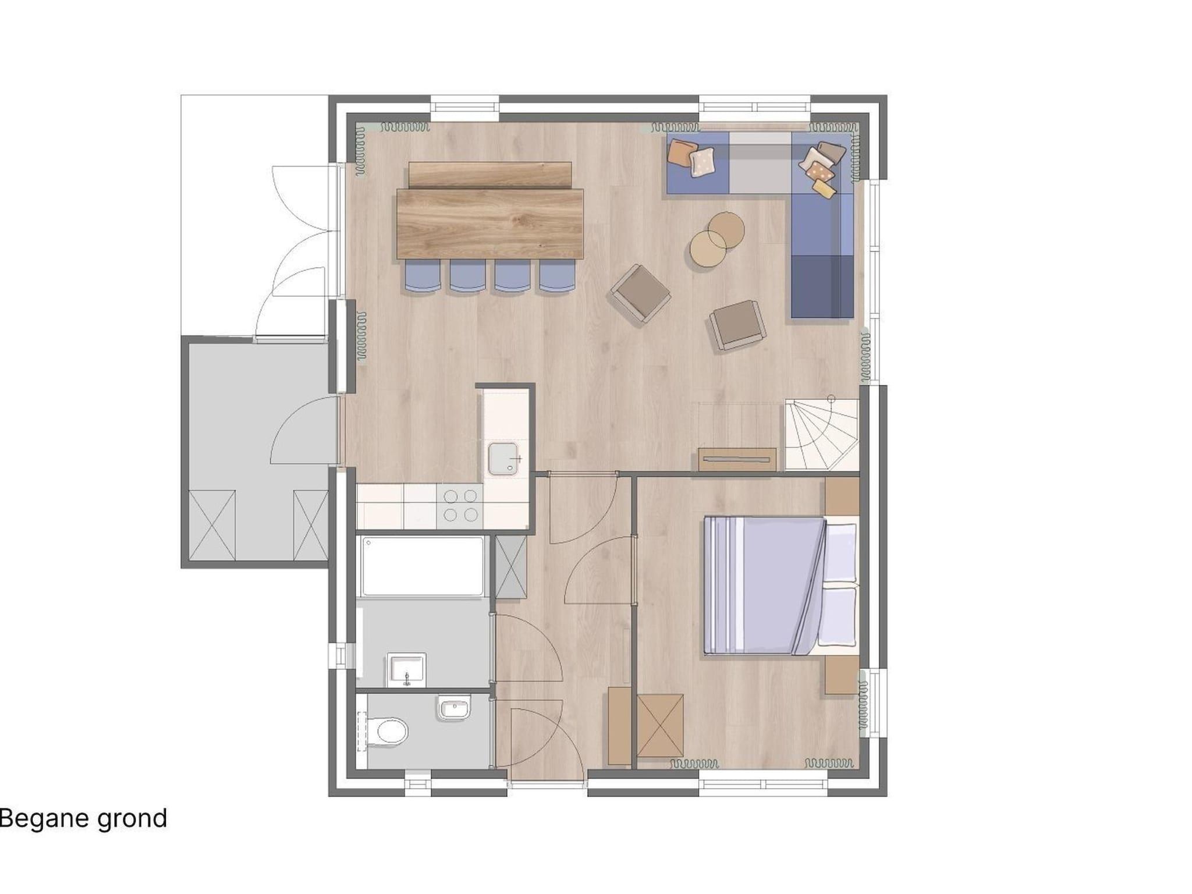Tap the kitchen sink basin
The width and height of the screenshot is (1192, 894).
tap(503, 458)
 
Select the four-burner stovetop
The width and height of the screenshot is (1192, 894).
tap(460, 505)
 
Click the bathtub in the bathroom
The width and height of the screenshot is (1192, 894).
tap(423, 566)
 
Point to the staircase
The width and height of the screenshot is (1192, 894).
tap(822, 434)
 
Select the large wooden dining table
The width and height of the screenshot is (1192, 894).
tap(490, 223)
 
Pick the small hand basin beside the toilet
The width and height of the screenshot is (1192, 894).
tap(453, 708)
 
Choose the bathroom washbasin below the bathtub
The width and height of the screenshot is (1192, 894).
tap(406, 670)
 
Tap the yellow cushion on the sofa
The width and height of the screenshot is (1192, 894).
tap(824, 188)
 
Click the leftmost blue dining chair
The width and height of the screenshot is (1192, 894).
tap(423, 275)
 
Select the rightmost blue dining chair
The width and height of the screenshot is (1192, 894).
tap(557, 275)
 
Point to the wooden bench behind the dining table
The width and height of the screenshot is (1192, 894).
tap(490, 175)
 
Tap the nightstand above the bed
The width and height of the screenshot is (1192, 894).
tap(842, 496)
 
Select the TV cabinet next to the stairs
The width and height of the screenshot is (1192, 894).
tap(737, 459)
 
